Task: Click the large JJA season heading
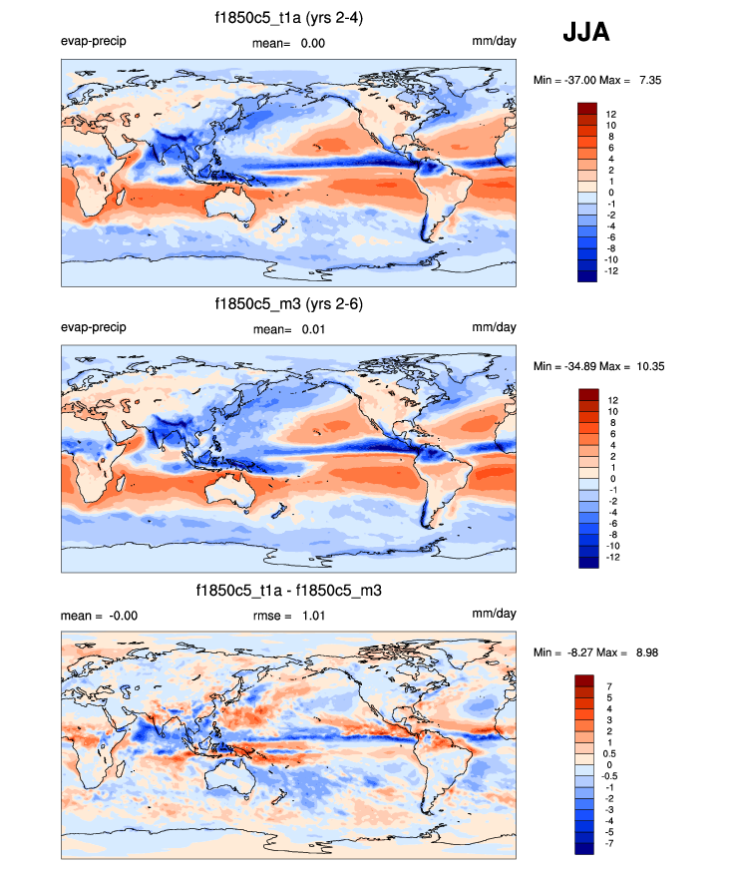point(585,33)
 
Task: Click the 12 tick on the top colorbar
point(610,114)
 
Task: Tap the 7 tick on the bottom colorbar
point(607,686)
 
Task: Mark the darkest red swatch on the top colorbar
point(586,108)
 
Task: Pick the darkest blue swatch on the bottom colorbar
point(584,848)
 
